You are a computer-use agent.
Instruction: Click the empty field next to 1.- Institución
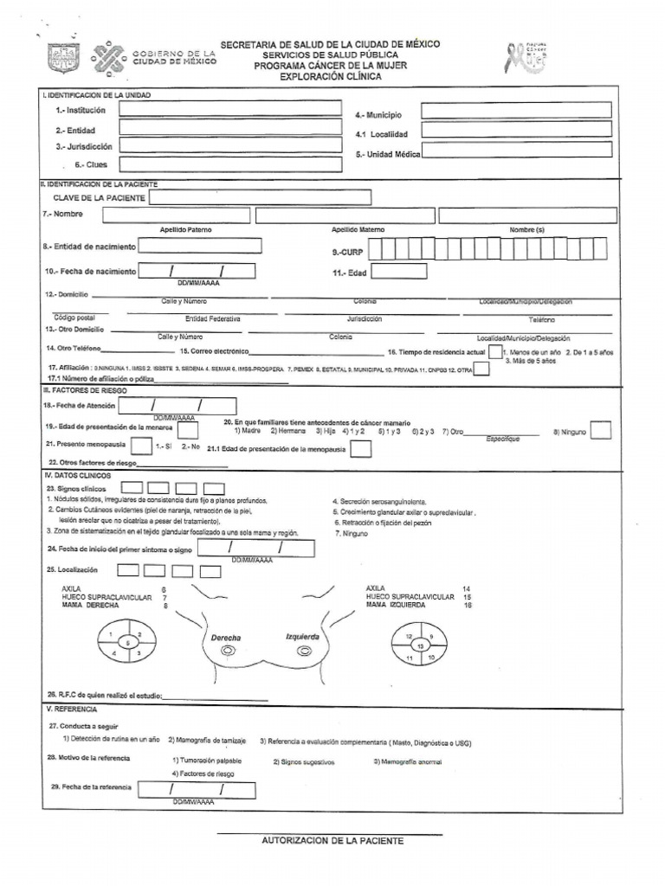(x=231, y=110)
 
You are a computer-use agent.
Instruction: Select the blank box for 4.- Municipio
(x=517, y=111)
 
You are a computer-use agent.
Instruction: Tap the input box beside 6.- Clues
(x=231, y=164)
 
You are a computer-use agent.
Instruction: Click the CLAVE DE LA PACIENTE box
(x=260, y=197)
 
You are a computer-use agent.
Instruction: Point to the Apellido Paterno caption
(x=185, y=230)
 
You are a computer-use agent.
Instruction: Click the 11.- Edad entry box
(x=399, y=272)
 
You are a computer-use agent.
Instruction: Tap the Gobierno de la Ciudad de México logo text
(x=173, y=57)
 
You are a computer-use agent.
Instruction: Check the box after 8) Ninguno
(x=601, y=430)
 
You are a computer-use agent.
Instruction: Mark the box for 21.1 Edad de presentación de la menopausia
(x=362, y=449)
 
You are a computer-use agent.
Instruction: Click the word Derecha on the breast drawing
(x=226, y=638)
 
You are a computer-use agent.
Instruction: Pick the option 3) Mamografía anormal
(x=408, y=761)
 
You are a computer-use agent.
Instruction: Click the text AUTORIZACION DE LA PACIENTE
(x=332, y=841)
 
